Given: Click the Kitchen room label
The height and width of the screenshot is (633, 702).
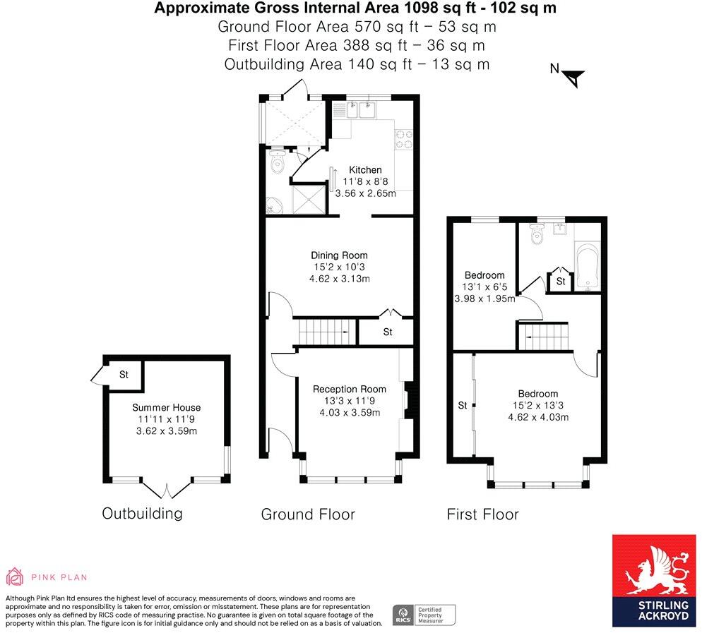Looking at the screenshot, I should coord(365,170).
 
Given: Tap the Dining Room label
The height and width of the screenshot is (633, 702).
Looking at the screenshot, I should coord(340,255).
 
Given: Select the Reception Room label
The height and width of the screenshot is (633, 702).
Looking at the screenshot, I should coord(350,389).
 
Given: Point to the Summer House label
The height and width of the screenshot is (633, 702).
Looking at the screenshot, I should coord(166,407).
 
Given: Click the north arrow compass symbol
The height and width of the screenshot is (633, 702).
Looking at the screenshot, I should coord(574,76).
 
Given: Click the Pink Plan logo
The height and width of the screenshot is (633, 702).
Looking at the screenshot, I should coord(47,577).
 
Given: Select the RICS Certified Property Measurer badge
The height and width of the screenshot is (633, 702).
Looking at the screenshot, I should coord(424,613).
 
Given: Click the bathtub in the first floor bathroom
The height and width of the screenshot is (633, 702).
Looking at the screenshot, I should coord(588,266).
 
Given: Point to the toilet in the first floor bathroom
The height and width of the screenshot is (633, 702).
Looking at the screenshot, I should coord(538,234).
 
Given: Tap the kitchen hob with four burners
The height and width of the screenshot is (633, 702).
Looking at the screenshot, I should coord(403,138).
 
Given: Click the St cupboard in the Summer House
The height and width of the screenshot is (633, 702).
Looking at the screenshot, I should coord(124,375).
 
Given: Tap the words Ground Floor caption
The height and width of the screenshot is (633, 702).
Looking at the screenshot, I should coord(308,514).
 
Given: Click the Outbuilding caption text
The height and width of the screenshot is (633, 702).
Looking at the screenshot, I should coord(142,513).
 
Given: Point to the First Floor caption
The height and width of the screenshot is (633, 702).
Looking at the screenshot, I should coord(482,514).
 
